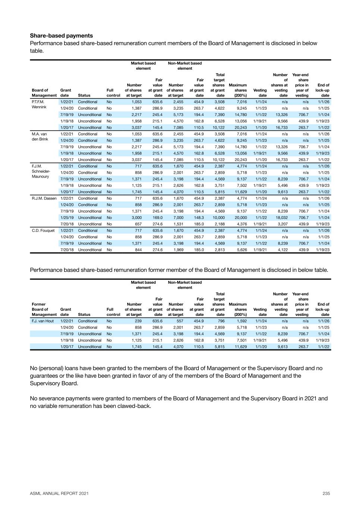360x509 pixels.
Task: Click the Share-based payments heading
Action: (61, 36)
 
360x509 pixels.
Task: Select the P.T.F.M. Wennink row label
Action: (38, 104)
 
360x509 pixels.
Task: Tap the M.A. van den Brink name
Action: (40, 136)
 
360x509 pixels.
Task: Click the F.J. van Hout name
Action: (43, 321)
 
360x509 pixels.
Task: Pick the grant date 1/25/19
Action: (66, 218)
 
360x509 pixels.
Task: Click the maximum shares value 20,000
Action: (239, 218)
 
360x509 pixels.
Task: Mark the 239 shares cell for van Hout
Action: (138, 321)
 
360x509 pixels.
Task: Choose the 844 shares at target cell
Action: (138, 250)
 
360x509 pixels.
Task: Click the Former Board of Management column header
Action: (44, 310)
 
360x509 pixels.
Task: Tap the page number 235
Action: (326, 493)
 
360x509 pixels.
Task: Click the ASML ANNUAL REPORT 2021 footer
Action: (59, 493)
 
